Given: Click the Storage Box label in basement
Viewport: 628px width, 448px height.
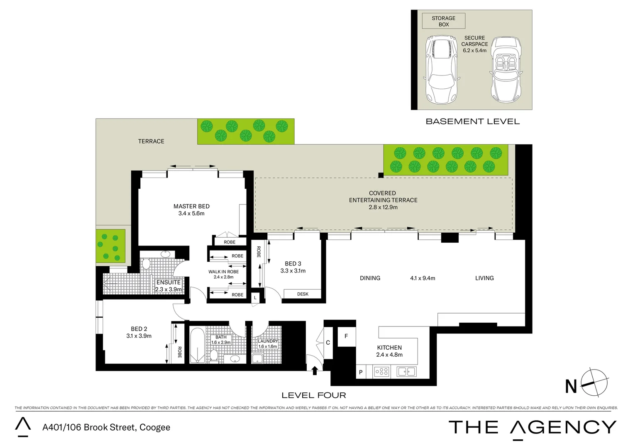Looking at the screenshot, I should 443,21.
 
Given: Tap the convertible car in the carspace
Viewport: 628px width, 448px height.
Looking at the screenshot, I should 506,70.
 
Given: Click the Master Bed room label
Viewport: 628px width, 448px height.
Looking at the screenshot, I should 191,206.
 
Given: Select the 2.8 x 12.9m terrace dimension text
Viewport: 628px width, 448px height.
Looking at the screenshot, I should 383,207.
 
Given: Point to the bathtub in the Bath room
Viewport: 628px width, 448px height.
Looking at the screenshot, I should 197,345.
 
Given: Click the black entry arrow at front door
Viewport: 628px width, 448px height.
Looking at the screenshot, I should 314,370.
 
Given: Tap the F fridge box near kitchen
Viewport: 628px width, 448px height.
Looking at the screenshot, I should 346,336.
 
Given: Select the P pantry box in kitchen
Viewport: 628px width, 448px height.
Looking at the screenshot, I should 360,372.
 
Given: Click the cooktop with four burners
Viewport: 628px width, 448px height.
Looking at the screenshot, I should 381,372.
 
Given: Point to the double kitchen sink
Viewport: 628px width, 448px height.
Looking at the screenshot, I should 406,372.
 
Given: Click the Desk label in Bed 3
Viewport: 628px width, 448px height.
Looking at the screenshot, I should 303,294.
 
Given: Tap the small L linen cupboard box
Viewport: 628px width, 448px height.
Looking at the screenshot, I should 255,298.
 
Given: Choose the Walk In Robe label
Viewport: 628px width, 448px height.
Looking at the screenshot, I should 223,272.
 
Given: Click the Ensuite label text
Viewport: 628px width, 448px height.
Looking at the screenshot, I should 169,282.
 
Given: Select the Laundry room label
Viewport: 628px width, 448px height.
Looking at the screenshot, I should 268,341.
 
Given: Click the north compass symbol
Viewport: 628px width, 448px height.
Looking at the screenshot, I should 594,382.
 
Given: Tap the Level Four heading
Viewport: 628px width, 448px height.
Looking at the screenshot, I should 314,395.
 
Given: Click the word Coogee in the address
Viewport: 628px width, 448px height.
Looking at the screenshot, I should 155,427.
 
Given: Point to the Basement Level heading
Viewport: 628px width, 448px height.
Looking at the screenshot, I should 472,122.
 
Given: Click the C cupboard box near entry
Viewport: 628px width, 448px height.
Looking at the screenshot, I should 328,343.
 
